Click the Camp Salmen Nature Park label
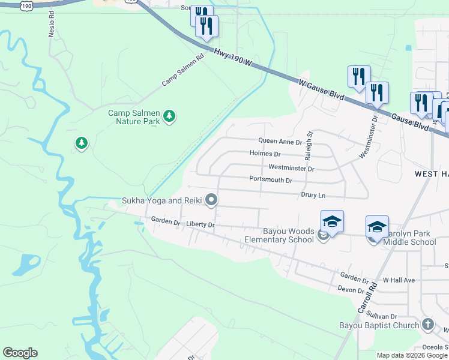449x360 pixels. coord(134,117)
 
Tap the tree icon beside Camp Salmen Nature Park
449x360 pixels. coord(169,116)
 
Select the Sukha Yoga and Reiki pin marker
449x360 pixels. coord(211,200)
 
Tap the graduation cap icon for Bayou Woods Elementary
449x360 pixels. coord(332,223)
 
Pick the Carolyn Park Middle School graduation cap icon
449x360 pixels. coord(377,227)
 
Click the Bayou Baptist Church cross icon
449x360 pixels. coord(427,325)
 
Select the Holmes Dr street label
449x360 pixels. coord(264,154)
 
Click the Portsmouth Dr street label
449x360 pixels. coord(270,180)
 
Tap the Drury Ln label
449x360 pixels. coord(313,195)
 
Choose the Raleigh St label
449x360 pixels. coord(309,146)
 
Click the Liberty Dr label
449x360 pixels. coord(200,224)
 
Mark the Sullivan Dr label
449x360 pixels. coord(382,316)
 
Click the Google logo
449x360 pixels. coord(20,353)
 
